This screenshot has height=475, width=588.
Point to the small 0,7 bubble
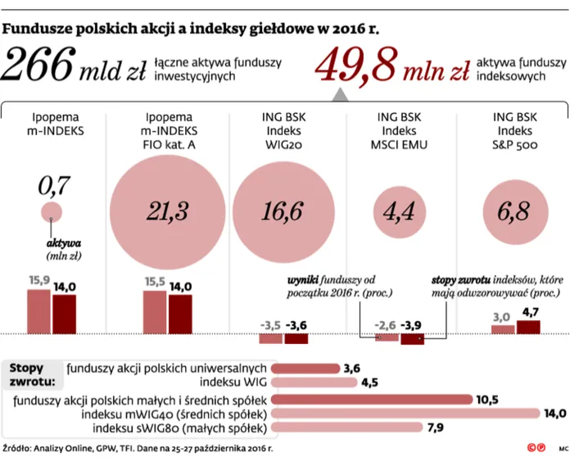coord(52,214)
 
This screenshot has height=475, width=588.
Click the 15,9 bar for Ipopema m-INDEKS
coord(38,308)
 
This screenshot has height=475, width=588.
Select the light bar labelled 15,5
coord(155,310)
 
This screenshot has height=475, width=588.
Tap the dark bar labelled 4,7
coord(529,327)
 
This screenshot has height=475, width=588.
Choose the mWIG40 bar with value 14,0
coord(405,414)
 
